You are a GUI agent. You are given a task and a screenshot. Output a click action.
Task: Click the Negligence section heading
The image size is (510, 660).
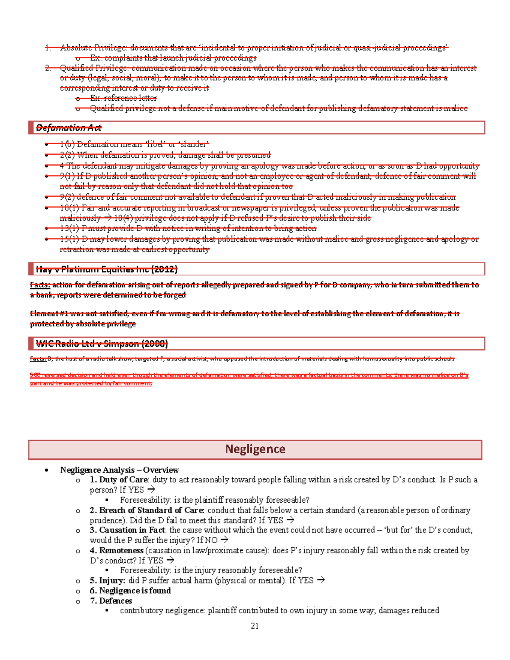255,449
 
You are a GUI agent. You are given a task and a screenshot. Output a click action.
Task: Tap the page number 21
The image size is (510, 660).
255,626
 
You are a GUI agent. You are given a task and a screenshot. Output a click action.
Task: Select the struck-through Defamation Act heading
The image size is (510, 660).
69,127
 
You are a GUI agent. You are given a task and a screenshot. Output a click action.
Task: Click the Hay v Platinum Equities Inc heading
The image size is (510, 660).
107,269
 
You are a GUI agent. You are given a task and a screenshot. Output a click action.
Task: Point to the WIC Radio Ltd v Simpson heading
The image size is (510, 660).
102,343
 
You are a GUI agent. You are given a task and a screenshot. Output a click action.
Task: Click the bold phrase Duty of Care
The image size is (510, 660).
123,480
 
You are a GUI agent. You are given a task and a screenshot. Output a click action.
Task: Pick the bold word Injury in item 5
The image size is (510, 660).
112,581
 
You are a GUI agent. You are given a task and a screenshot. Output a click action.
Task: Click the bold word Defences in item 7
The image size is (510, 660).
116,601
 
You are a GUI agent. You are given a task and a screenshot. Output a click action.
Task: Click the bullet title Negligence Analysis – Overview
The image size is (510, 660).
119,470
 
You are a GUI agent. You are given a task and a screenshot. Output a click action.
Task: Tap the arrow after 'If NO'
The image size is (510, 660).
224,540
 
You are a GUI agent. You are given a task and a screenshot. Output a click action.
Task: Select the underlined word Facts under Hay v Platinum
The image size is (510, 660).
40,285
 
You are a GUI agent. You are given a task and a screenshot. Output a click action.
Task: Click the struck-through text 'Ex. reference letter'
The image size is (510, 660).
123,98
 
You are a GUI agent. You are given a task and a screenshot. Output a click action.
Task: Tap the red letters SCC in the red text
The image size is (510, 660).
35,375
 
